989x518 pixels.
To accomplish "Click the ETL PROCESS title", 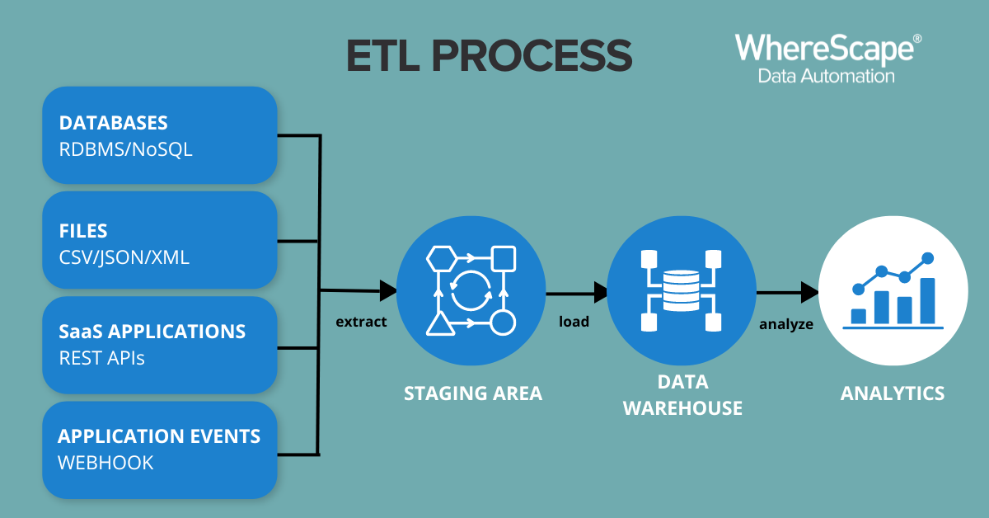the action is [490, 56].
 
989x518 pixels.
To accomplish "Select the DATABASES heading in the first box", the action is [114, 123].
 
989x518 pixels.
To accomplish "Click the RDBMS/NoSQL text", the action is [126, 149].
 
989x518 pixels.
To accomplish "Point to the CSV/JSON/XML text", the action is [124, 257].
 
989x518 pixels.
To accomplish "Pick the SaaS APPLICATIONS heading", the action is [152, 332].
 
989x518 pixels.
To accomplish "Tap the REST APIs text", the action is [101, 358].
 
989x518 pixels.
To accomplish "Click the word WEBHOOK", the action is [105, 463].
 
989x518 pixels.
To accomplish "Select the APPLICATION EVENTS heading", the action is [159, 436].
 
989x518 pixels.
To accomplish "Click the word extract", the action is [361, 322].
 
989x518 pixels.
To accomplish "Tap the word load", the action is [574, 322].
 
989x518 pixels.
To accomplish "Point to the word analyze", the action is [786, 324].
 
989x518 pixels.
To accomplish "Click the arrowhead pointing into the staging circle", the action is [388, 291].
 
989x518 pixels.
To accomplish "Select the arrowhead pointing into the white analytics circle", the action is [809, 293].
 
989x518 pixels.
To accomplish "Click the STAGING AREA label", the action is [473, 393].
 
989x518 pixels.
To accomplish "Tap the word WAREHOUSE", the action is [682, 408].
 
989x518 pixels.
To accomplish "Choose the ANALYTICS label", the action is [893, 393].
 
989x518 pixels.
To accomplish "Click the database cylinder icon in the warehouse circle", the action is [682, 291].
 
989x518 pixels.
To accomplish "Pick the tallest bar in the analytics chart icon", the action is [928, 300].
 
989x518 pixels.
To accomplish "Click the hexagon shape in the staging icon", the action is [442, 258].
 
